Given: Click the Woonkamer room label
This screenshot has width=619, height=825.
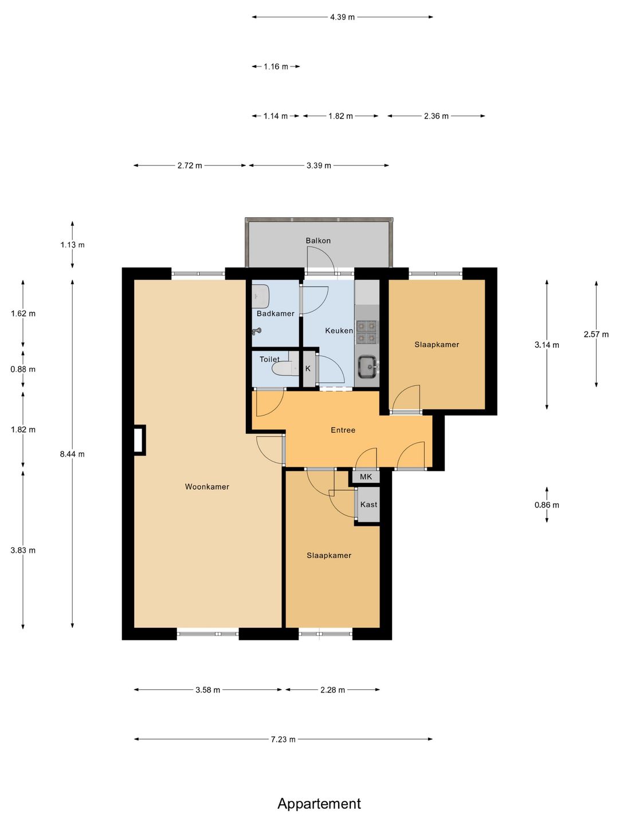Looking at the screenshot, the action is [207, 487].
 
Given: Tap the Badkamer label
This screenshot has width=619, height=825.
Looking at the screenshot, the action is [276, 313].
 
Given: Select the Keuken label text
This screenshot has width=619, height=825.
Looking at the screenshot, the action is [339, 331].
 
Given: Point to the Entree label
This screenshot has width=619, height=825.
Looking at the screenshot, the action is [343, 430].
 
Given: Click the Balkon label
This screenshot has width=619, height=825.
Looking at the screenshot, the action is [318, 241].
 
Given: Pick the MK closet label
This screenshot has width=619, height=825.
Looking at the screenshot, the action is [366, 477].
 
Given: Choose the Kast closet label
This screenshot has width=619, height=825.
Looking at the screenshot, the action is [369, 504].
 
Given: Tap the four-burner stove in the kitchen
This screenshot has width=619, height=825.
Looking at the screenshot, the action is [366, 332].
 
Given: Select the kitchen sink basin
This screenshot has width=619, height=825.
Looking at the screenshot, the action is [367, 367].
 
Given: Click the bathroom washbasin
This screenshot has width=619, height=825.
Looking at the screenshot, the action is [261, 297].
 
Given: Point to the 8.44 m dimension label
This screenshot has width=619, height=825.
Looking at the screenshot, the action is [72, 454].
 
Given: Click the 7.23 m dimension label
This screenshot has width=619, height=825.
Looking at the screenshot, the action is [283, 739].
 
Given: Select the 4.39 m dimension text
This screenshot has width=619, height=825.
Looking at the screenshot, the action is [342, 17].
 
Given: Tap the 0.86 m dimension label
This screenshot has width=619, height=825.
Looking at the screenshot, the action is [547, 505].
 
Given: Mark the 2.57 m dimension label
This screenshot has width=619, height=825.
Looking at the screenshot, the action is [596, 334].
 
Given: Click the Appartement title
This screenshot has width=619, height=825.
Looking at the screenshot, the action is [319, 804].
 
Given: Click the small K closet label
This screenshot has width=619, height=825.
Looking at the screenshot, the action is [308, 369].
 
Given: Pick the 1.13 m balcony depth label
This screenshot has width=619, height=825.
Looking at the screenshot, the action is [73, 245].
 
